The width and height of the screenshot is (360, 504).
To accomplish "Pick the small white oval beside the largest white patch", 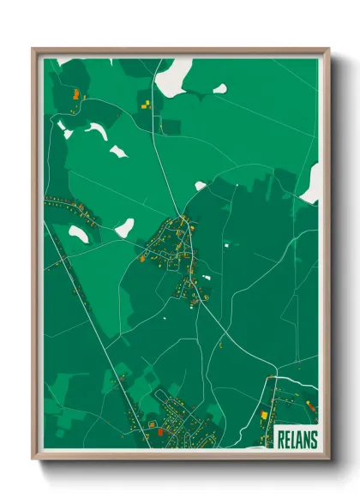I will tap(220, 88).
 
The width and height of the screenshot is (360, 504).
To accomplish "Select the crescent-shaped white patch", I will tap(96, 130).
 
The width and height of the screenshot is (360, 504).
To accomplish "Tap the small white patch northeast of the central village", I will tap(201, 185).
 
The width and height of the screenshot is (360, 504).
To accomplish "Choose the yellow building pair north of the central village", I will tap(147, 104).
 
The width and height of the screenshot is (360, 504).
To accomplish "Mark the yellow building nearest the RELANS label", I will tap(264, 416).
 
